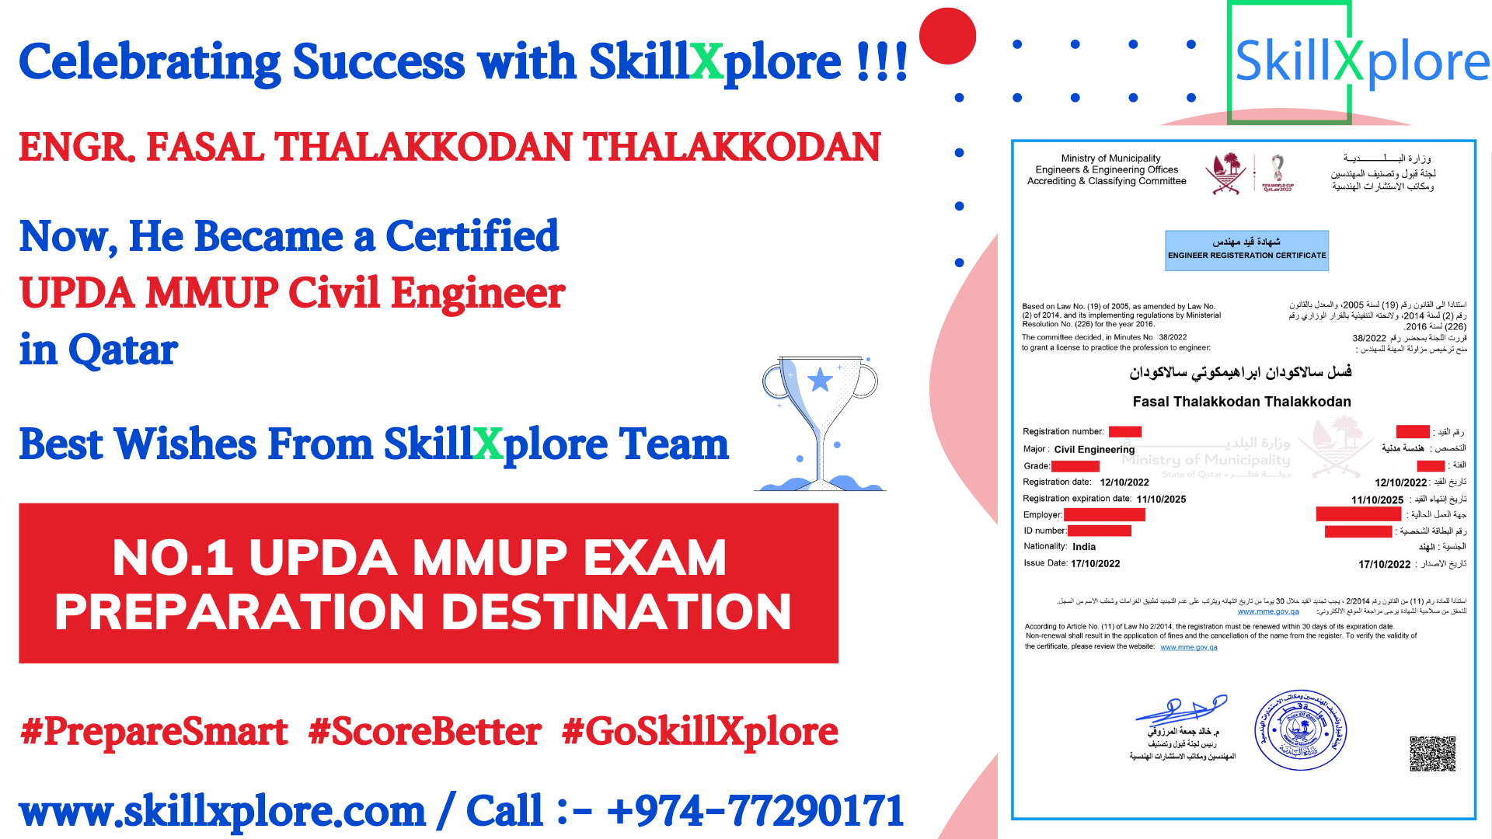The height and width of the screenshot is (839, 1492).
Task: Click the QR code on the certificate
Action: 1432,754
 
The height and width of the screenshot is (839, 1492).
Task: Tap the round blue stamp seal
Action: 1300,730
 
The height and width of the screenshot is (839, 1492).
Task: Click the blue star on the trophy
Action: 820,380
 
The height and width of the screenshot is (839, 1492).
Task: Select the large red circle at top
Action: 947,36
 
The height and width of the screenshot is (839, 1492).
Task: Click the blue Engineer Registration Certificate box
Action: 1246,250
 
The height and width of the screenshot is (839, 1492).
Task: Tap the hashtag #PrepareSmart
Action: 154,732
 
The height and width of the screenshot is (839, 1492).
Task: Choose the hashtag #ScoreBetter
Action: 424,732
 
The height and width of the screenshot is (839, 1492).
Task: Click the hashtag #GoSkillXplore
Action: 699,732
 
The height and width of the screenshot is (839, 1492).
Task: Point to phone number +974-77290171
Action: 755,811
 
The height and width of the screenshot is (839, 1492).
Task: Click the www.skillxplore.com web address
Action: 222,811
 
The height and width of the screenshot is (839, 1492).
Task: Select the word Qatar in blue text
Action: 123,350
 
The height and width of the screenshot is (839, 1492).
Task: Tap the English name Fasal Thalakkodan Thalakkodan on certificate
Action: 1241,402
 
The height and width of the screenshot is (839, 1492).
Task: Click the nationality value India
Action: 1084,547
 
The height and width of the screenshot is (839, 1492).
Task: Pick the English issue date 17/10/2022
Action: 1095,564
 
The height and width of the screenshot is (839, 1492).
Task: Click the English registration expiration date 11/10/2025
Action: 1161,500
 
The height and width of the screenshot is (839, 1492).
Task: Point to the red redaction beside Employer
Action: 1104,514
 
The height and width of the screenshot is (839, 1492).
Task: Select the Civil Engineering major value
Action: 1094,450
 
